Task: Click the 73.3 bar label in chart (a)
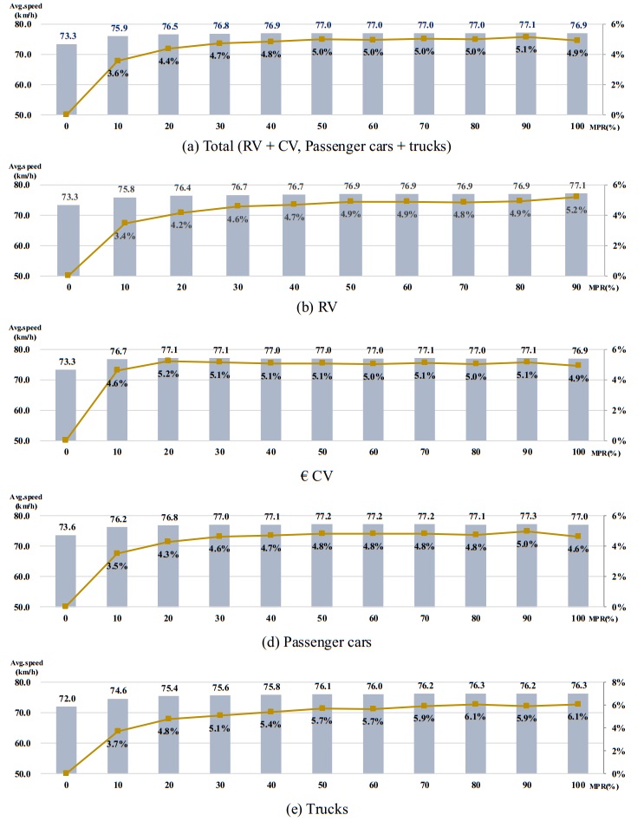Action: point(67,36)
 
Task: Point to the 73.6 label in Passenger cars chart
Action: point(67,528)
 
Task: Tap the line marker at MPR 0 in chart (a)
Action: point(67,114)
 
